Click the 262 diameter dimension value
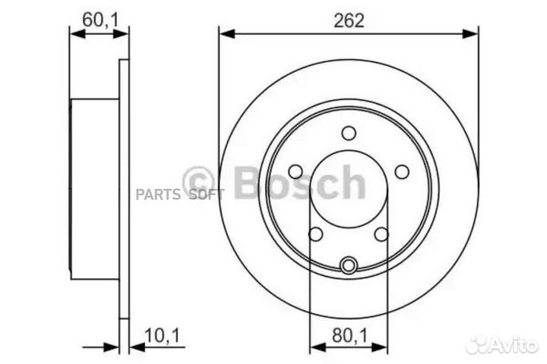pos(349,20)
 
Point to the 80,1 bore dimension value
pos(349,334)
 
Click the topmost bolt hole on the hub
pos(349,133)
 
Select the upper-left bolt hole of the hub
pos(296,171)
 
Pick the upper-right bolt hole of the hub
pos(401,171)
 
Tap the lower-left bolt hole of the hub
pos(316,234)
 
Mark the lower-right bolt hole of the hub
pos(381,234)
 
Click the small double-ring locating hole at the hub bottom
pos(349,265)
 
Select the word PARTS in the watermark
pos(158,194)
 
